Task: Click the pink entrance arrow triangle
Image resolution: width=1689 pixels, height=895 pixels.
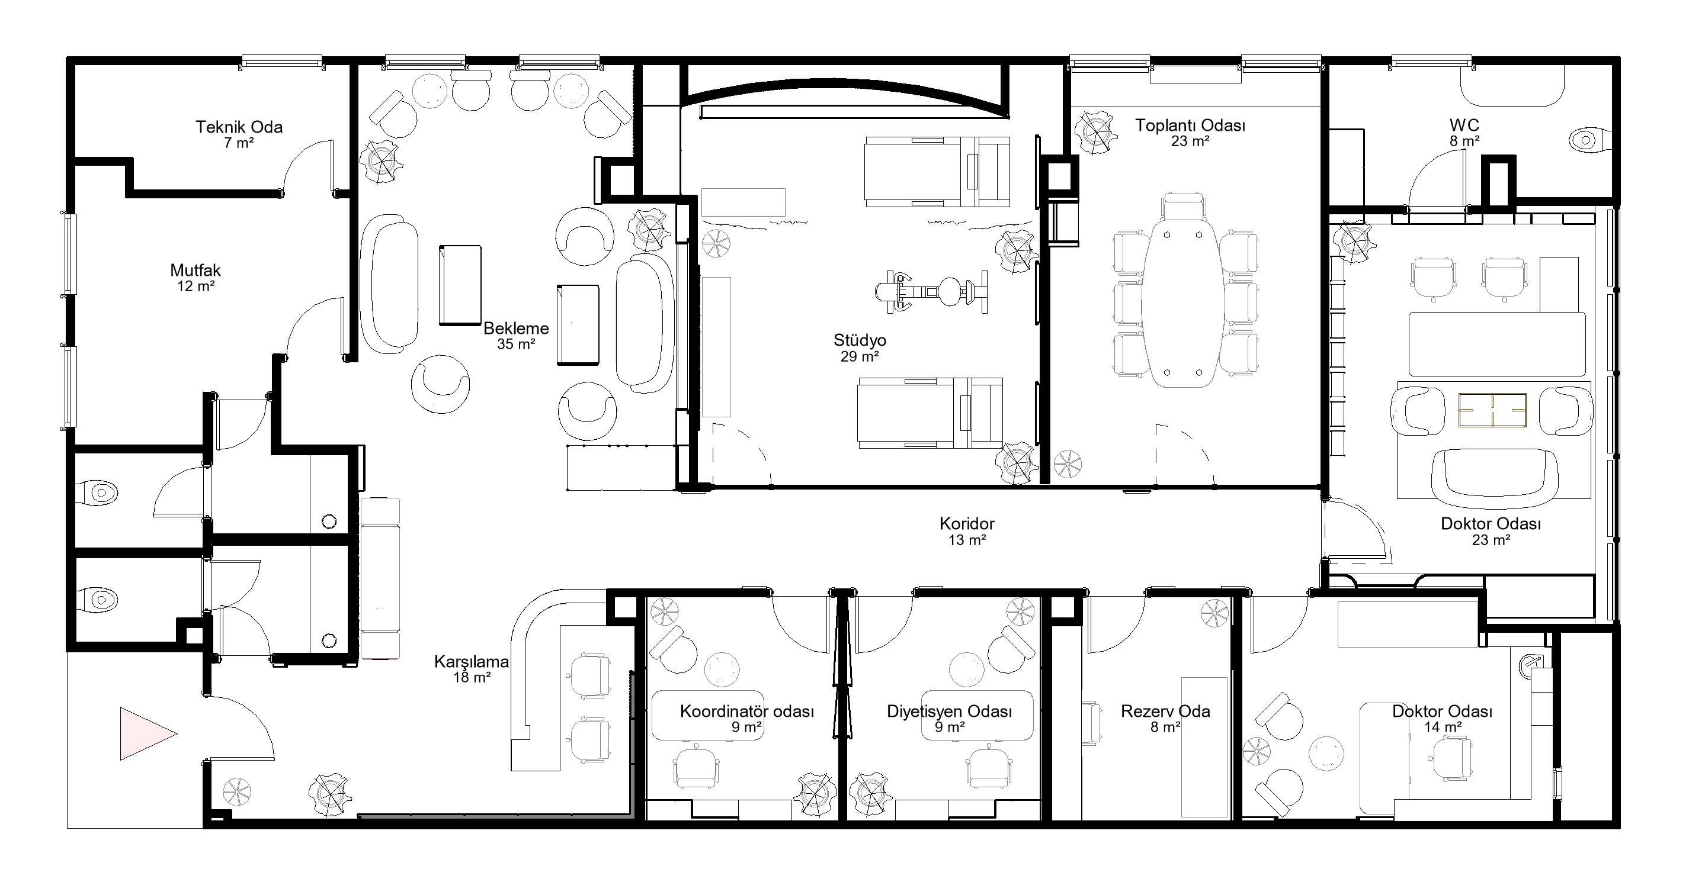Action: click(x=144, y=734)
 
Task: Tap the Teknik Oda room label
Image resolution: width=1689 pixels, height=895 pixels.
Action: click(x=239, y=127)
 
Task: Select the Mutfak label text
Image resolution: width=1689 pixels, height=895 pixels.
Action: click(x=195, y=270)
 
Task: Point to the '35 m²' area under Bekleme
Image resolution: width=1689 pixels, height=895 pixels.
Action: click(x=516, y=344)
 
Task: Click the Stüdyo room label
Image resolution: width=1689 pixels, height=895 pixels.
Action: click(x=860, y=340)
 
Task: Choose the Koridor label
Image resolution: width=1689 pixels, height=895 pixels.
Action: click(x=967, y=523)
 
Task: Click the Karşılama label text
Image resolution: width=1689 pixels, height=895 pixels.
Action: click(x=472, y=662)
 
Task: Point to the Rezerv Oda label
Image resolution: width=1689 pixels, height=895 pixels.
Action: click(x=1165, y=711)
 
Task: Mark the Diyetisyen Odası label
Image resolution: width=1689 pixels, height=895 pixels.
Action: click(x=950, y=711)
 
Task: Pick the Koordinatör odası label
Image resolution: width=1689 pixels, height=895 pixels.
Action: click(x=747, y=711)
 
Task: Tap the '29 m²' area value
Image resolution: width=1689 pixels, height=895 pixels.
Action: click(x=860, y=356)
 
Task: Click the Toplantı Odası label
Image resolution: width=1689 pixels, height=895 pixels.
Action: click(x=1190, y=125)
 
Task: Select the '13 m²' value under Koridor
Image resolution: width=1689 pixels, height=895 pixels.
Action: click(x=967, y=540)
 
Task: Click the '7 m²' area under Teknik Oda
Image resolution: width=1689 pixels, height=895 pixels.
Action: click(x=239, y=143)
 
